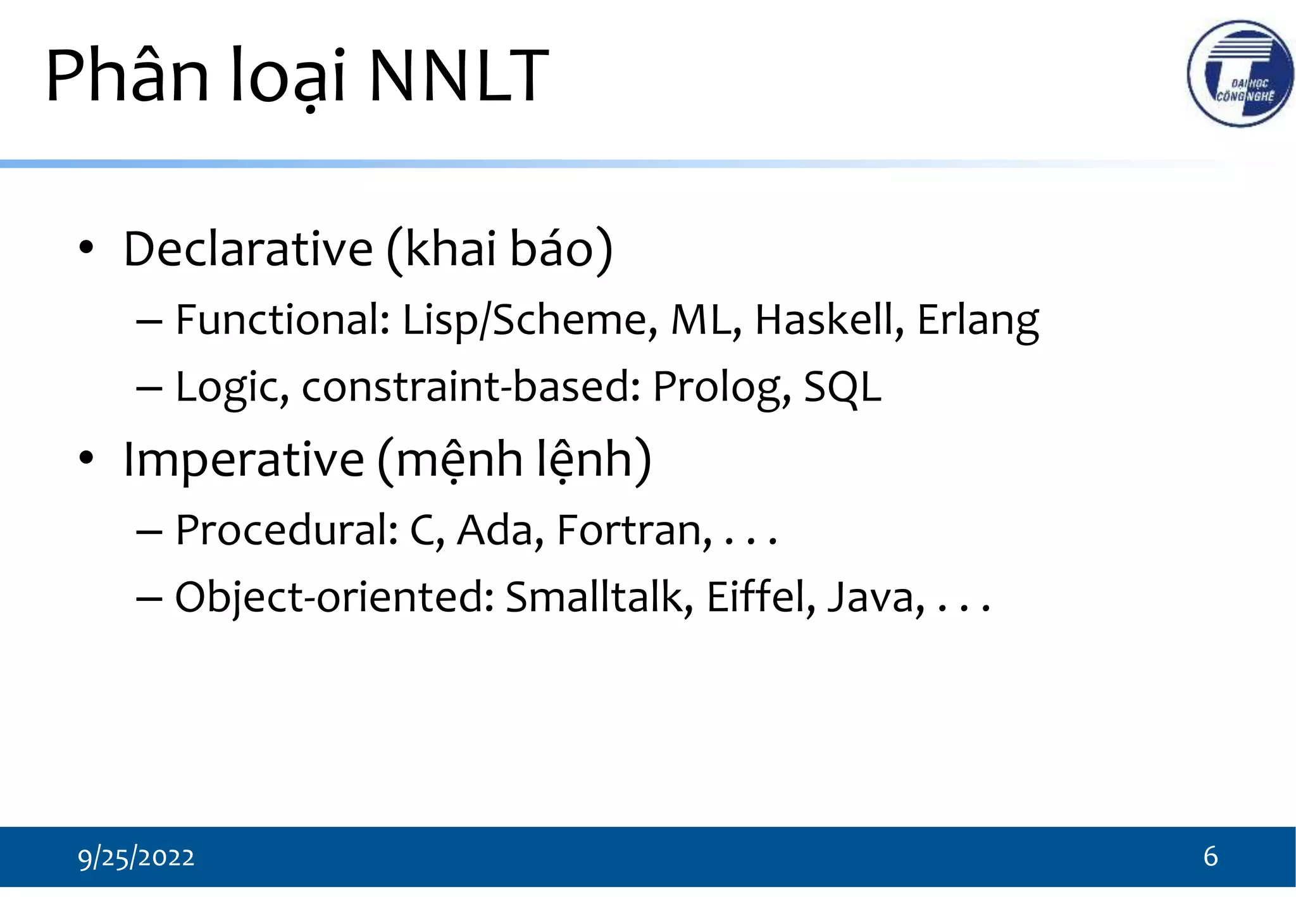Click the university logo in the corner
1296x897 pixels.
pyautogui.click(x=1240, y=74)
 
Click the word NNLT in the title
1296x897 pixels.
pyautogui.click(x=458, y=76)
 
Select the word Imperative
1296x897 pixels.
pyautogui.click(x=244, y=459)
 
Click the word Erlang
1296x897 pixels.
pyautogui.click(x=978, y=321)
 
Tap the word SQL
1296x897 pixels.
pyautogui.click(x=842, y=387)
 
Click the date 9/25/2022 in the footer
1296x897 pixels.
pyautogui.click(x=136, y=858)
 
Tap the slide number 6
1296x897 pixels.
pyautogui.click(x=1210, y=857)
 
